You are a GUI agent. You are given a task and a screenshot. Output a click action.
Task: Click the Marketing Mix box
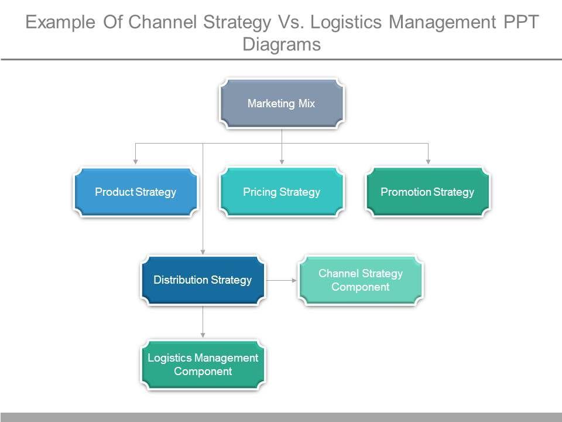pyautogui.click(x=282, y=104)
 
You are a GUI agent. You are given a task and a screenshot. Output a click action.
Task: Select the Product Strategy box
pyautogui.click(x=135, y=192)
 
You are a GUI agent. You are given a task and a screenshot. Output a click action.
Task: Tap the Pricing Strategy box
pyautogui.click(x=282, y=192)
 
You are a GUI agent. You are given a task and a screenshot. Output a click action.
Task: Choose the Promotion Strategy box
pyautogui.click(x=427, y=192)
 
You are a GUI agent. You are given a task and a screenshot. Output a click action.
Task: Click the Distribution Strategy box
pyautogui.click(x=203, y=280)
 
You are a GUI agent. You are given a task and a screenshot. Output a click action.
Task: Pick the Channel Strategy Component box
pyautogui.click(x=361, y=280)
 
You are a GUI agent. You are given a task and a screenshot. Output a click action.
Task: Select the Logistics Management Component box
pyautogui.click(x=203, y=365)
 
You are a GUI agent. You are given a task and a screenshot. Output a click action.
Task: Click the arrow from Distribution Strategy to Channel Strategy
pyautogui.click(x=282, y=280)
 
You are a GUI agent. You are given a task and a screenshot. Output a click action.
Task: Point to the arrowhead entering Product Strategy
pyautogui.click(x=135, y=162)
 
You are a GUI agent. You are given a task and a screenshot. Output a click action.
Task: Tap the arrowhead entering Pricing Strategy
pyautogui.click(x=282, y=162)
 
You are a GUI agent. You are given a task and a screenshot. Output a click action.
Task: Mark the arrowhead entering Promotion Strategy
pyautogui.click(x=428, y=162)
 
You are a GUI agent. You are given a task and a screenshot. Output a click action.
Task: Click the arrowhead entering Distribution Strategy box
pyautogui.click(x=203, y=252)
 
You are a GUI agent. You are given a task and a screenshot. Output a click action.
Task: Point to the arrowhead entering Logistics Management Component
pyautogui.click(x=203, y=335)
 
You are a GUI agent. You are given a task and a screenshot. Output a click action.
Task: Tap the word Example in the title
pyautogui.click(x=60, y=22)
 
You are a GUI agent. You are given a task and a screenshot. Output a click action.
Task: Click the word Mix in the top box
pyautogui.click(x=307, y=103)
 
